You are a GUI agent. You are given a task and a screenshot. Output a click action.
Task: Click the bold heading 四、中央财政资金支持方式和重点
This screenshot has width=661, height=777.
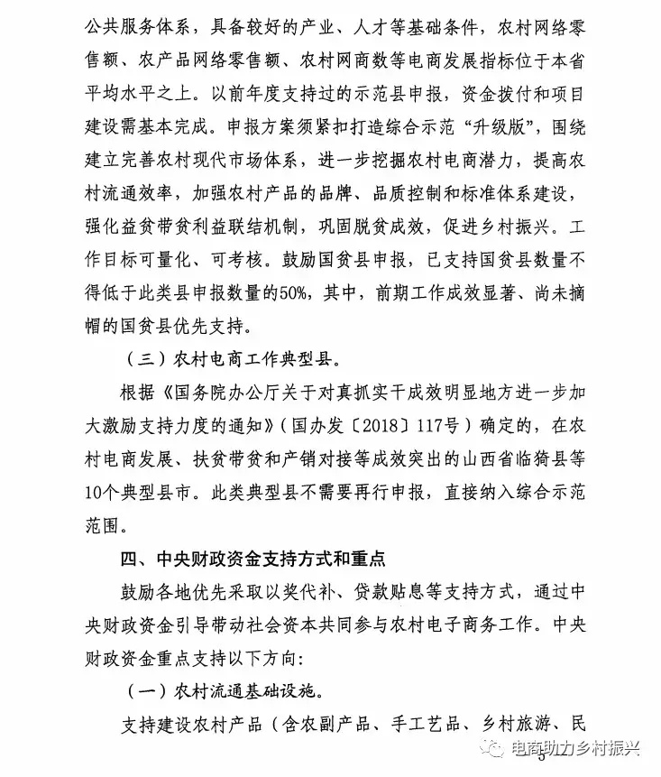(252, 560)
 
